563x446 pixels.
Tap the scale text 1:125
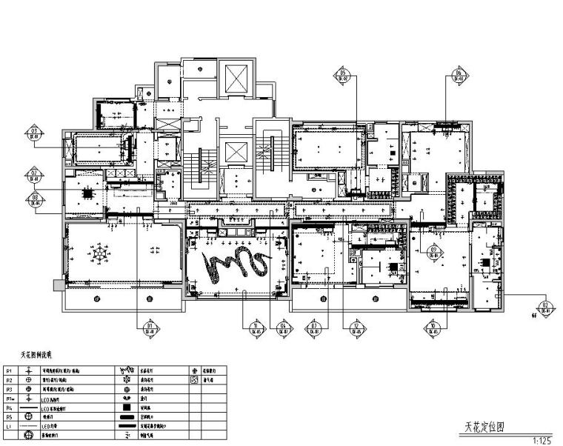pos(542,440)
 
